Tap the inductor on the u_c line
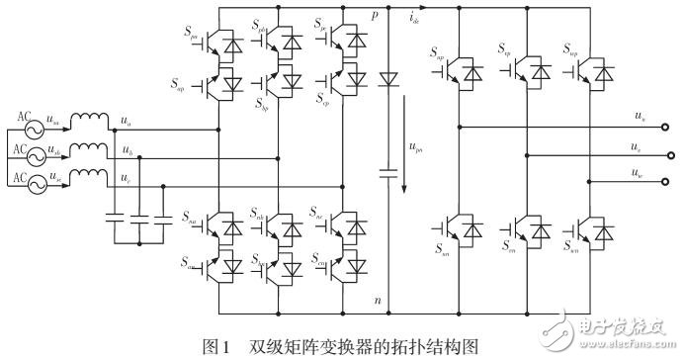[x=93, y=182]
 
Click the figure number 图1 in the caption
[x=215, y=346]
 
